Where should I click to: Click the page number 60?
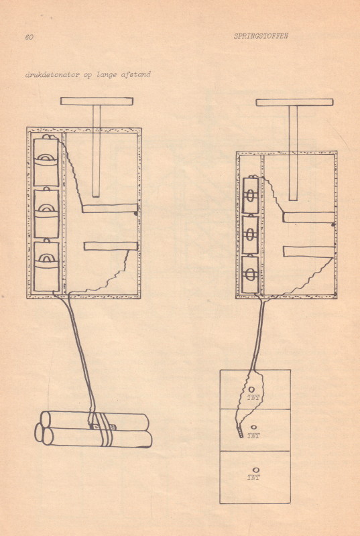29,37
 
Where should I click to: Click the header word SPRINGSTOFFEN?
261,36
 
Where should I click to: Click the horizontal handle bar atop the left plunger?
97,101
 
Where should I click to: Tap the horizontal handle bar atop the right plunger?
294,103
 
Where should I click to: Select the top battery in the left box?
46,161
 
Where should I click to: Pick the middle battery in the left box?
46,213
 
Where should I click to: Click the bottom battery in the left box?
46,266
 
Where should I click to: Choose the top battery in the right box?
251,195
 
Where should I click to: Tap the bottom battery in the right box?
251,274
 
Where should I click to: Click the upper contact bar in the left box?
110,208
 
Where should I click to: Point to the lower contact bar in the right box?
309,252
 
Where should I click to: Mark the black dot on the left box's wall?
135,213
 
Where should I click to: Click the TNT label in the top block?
253,397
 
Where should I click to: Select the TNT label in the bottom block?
253,478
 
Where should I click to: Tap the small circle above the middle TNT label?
253,427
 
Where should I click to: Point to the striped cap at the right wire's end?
241,432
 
